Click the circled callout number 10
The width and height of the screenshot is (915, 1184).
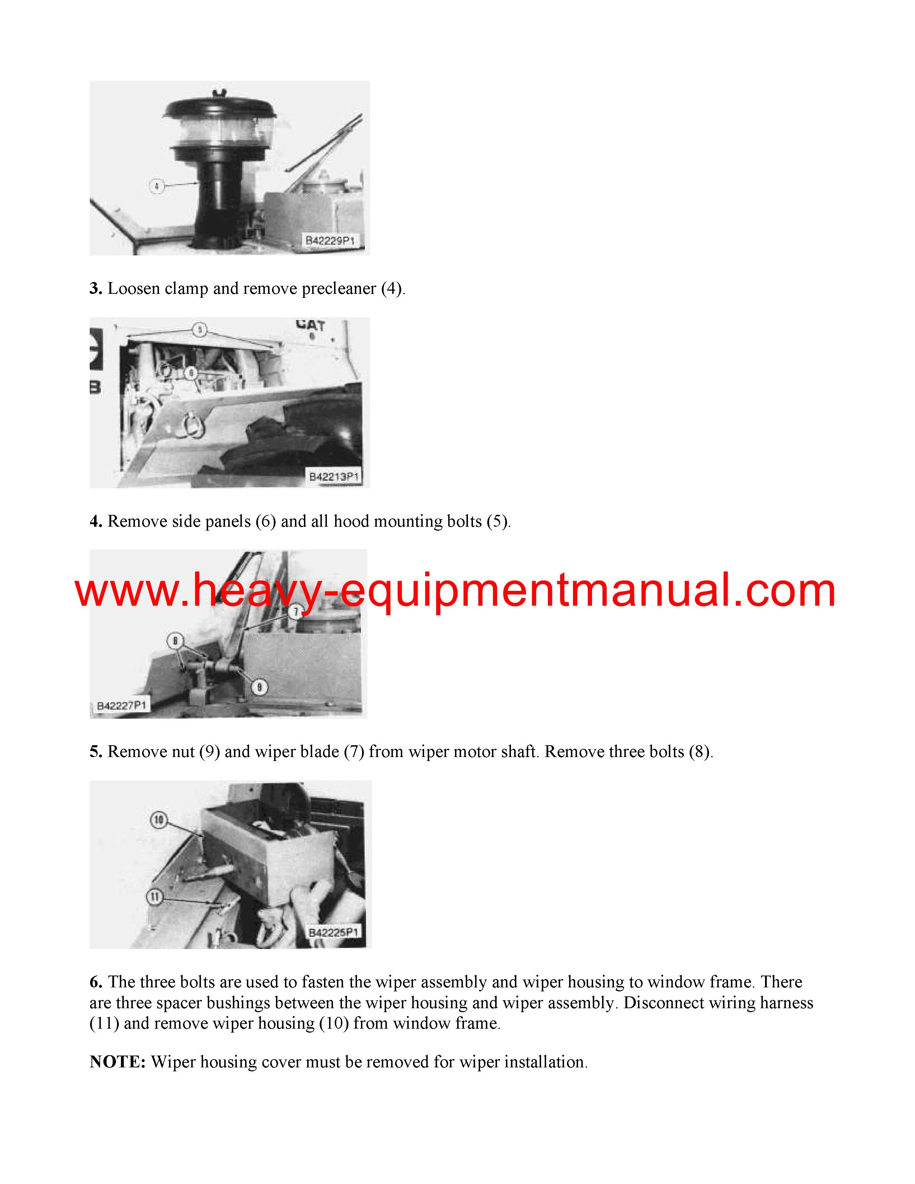click(158, 820)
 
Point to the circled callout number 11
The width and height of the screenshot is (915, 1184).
click(155, 897)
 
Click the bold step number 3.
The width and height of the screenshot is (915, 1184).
click(96, 288)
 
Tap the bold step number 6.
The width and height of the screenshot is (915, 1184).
click(96, 982)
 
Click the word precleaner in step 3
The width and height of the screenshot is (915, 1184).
click(339, 289)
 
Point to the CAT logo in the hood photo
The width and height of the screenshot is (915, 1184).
click(311, 325)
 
